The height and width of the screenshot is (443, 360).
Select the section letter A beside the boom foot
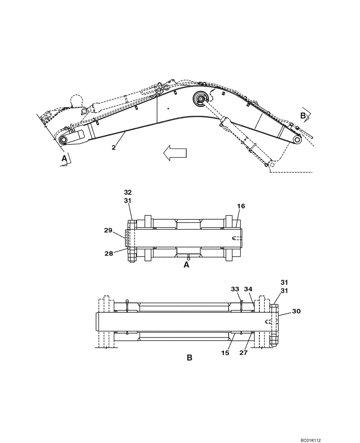[64, 158]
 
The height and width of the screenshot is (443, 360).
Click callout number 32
[128, 193]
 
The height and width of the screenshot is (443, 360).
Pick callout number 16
[241, 206]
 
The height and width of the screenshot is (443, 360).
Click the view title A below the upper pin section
[186, 265]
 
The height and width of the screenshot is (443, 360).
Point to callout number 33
[235, 289]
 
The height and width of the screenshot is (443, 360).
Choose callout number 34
[249, 289]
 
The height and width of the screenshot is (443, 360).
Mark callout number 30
[296, 311]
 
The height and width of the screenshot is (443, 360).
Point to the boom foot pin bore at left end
[62, 140]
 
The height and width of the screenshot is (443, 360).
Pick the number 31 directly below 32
[128, 200]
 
